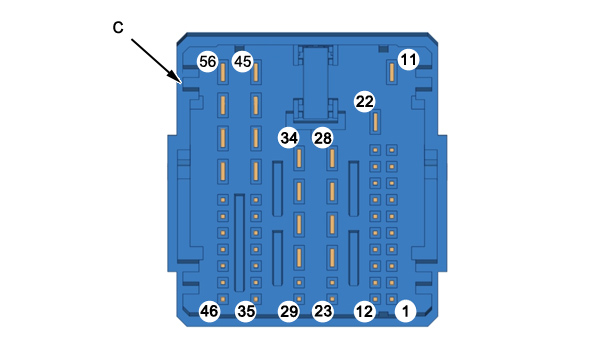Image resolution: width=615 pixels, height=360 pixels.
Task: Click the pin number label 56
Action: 207,61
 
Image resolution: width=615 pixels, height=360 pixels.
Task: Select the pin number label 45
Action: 242,61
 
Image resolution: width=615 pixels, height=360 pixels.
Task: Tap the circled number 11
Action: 408,60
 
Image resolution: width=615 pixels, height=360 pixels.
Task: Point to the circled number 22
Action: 364,102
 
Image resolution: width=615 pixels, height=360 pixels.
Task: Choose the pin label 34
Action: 289,138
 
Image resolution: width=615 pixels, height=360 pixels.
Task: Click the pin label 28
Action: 323,138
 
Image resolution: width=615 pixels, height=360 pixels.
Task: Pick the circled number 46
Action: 209,311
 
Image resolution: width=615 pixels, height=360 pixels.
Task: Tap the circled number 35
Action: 246,311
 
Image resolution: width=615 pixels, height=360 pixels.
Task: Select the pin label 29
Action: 289,311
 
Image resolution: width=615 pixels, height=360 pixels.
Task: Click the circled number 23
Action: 323,311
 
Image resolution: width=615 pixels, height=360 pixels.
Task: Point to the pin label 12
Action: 364,311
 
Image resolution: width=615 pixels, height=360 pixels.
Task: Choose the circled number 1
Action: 406,311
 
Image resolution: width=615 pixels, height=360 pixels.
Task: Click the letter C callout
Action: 118,27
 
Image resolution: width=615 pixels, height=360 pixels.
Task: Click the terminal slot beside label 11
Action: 391,72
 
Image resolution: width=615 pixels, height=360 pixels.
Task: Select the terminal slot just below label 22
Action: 375,122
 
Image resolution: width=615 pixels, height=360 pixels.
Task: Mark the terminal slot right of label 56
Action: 223,72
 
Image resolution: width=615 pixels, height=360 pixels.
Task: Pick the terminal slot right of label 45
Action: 256,72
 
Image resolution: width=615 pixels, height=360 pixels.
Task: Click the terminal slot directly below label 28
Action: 332,158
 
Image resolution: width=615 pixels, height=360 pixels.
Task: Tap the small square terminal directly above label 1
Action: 391,299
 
